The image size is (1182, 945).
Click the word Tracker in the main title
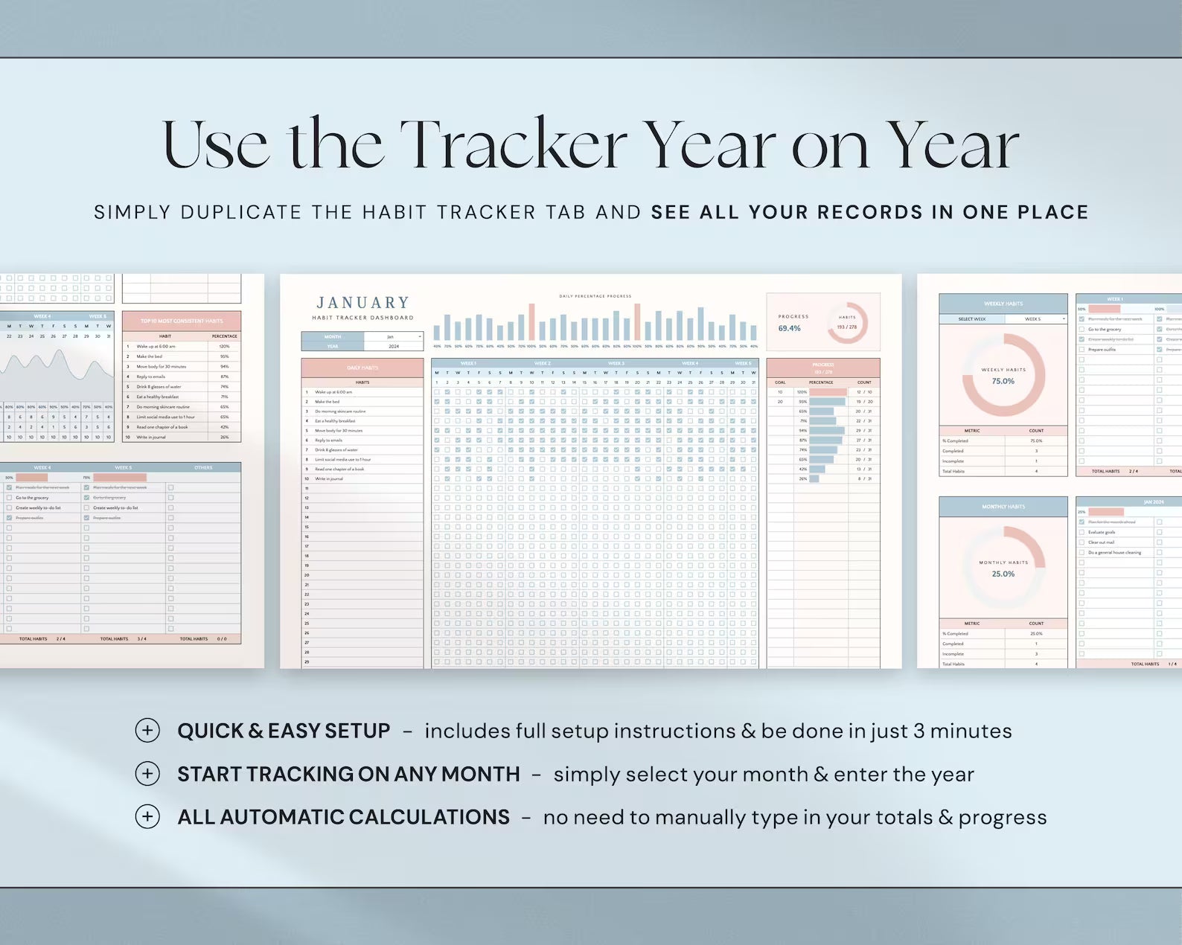(514, 145)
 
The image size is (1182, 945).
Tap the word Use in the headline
(215, 145)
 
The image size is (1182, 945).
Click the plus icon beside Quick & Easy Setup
(147, 731)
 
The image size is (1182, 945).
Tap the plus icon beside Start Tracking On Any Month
(147, 774)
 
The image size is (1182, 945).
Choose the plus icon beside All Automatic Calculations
(147, 817)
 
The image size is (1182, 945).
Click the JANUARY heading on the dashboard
(363, 303)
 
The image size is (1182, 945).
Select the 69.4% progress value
(790, 328)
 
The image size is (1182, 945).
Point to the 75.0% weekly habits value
(1003, 381)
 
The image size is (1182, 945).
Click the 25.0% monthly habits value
(1003, 574)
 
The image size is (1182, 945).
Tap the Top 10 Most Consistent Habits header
(182, 321)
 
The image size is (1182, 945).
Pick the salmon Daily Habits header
(362, 368)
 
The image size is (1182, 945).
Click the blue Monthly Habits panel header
(1003, 507)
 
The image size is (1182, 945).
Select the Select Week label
(971, 318)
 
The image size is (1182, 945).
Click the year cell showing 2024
(394, 346)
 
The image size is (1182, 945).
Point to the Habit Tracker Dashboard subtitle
(363, 318)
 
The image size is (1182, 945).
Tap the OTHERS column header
(203, 467)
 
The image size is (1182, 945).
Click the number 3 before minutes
(919, 731)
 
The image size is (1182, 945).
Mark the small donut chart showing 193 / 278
(847, 323)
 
